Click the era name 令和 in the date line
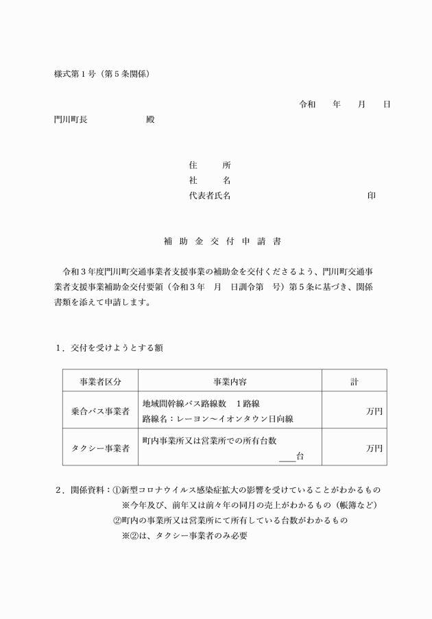point(307,105)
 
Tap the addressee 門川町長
point(71,119)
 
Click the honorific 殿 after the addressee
point(150,119)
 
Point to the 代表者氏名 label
point(209,195)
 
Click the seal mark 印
point(371,195)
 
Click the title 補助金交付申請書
point(222,242)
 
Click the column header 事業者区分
point(100,381)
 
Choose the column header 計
point(354,381)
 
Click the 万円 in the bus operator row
point(374,411)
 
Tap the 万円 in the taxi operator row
point(374,448)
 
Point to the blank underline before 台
point(287,457)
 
